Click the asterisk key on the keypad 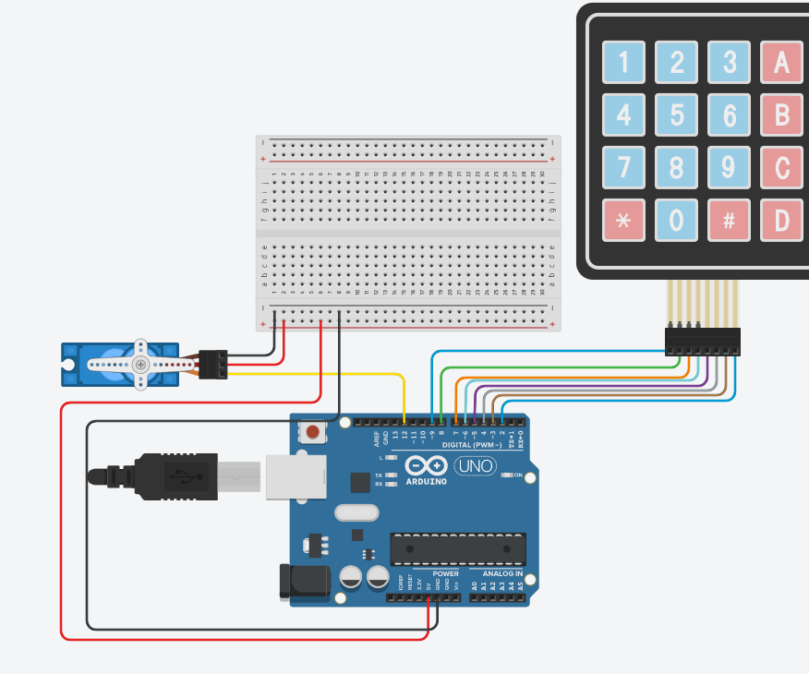623,221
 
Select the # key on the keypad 730,221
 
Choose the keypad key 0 677,221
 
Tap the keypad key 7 623,168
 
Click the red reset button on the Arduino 314,431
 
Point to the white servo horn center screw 140,365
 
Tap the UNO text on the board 476,466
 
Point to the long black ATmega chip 457,548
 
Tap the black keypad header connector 702,342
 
